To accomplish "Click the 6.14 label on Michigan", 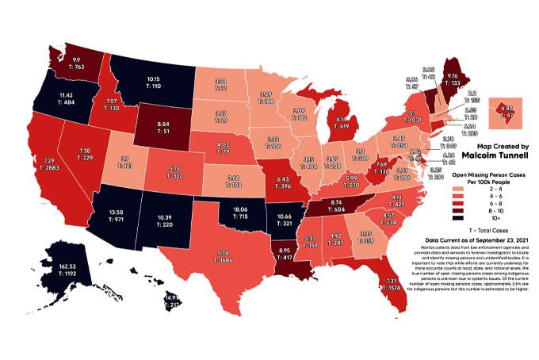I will pyautogui.click(x=342, y=117).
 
